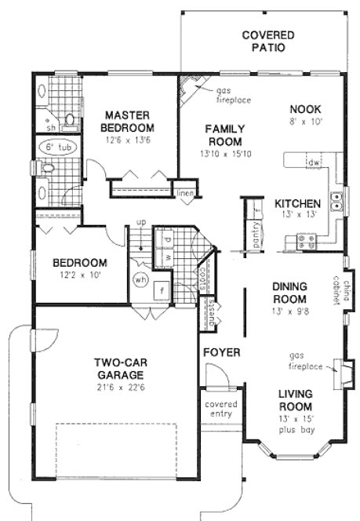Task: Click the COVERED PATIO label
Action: tap(268, 41)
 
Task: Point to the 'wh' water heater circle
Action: tap(142, 279)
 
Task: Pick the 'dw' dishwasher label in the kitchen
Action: tap(313, 162)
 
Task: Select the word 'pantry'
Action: tap(257, 235)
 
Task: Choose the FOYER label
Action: tap(222, 352)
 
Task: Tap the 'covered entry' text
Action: tap(221, 410)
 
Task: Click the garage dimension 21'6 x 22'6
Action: tap(128, 387)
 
